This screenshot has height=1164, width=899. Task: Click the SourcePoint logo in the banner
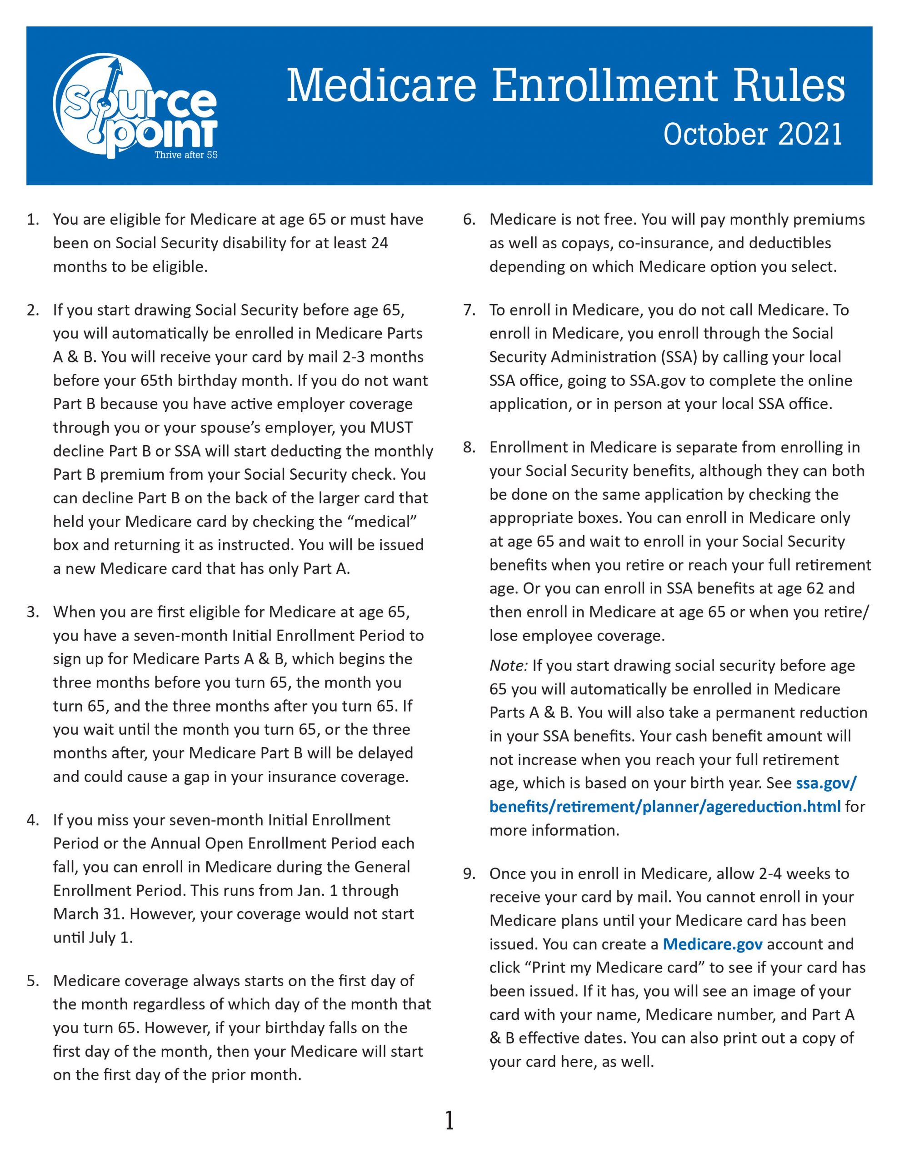coord(136,106)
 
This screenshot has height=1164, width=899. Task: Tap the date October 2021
coord(753,134)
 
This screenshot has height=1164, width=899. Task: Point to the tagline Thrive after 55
coord(186,155)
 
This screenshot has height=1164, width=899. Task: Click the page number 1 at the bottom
coord(449,1121)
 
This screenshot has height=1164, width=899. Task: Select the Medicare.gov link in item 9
coord(712,944)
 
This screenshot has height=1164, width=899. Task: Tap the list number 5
coord(33,981)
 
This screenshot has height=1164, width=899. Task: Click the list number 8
coord(469,447)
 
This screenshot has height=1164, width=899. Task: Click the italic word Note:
coord(509,666)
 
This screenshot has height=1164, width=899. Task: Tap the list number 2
coord(33,310)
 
